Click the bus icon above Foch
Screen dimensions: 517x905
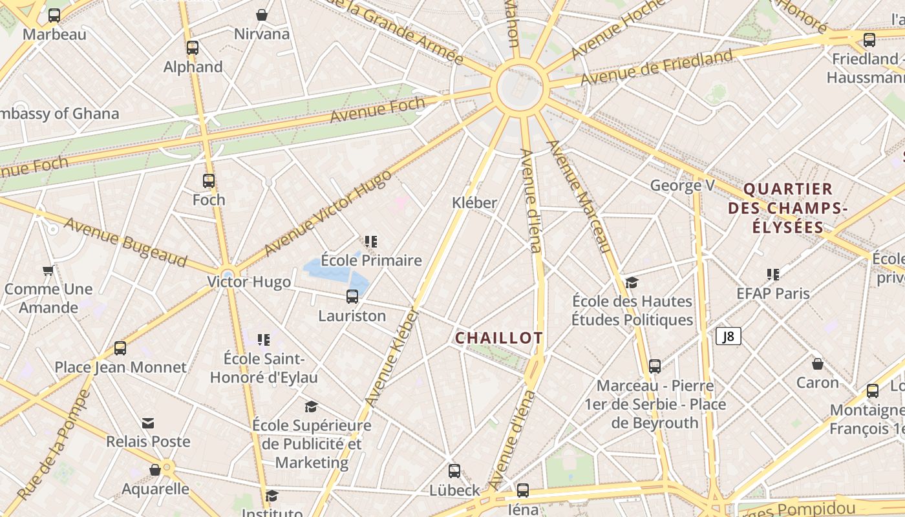pos(208,181)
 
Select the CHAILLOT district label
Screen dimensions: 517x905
pos(499,338)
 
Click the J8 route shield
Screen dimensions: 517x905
pos(728,336)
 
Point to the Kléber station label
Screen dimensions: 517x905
pos(474,202)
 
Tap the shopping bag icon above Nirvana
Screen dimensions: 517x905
pos(262,14)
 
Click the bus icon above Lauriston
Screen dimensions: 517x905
pos(352,297)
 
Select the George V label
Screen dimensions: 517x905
pos(683,186)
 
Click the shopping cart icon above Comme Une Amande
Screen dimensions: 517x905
pos(48,270)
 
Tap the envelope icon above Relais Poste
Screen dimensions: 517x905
pos(148,423)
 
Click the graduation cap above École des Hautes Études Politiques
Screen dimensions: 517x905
pos(632,282)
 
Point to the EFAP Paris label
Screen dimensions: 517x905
pos(773,293)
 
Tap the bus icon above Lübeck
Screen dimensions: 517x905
pos(454,471)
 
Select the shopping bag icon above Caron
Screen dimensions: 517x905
pos(817,363)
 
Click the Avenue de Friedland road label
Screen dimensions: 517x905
pos(657,67)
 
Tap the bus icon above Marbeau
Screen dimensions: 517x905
pos(54,16)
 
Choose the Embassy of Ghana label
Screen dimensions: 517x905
pos(58,114)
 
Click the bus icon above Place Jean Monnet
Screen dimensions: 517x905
pos(120,348)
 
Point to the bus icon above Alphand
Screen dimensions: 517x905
pos(193,47)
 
